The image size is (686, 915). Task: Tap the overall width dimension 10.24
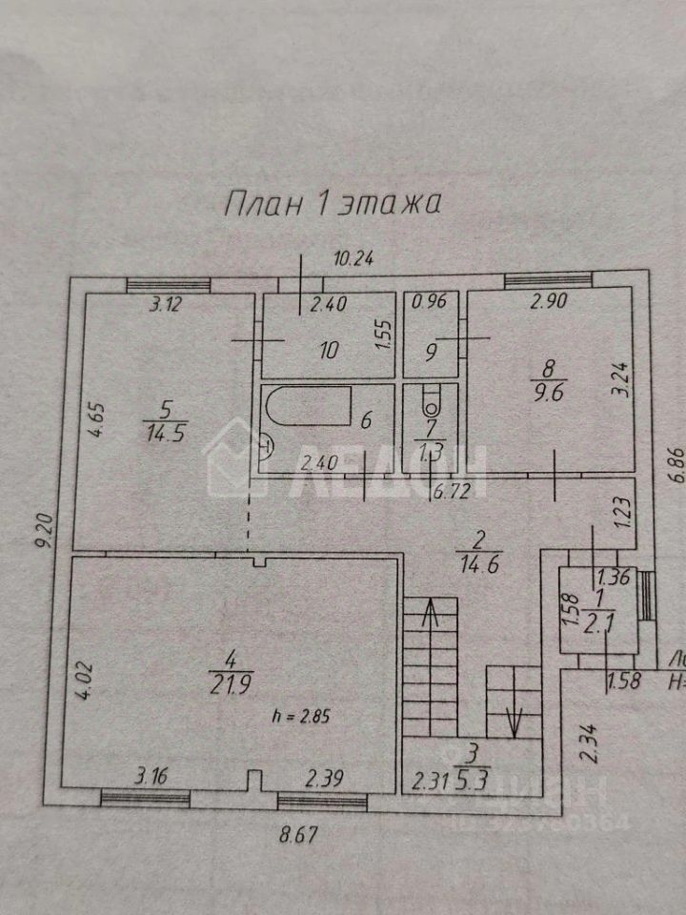[350, 258]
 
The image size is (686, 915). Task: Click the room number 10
[329, 351]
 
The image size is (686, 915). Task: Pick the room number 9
[431, 352]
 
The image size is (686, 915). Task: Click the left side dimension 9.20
[39, 554]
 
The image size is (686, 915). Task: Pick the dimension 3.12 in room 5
[169, 305]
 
